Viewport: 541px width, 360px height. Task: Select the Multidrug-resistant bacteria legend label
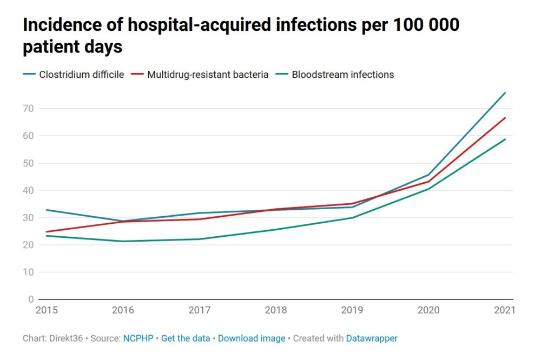pyautogui.click(x=208, y=75)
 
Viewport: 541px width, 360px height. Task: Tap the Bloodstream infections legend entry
pyautogui.click(x=342, y=75)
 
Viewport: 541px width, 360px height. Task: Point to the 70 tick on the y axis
pyautogui.click(x=29, y=109)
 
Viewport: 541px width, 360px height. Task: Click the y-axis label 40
pyautogui.click(x=29, y=190)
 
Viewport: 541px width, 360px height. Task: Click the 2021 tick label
pyautogui.click(x=504, y=311)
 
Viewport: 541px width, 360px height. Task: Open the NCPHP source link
pyautogui.click(x=138, y=338)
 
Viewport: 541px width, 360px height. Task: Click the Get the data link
pyautogui.click(x=186, y=338)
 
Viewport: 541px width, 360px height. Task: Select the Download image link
pyautogui.click(x=252, y=338)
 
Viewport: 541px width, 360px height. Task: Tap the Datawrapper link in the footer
pyautogui.click(x=372, y=338)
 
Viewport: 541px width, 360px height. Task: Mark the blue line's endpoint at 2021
pyautogui.click(x=505, y=93)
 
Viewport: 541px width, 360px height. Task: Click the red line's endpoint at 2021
pyautogui.click(x=505, y=118)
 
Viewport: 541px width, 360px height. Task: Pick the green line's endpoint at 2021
pyautogui.click(x=505, y=139)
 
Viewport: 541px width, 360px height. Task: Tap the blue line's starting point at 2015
pyautogui.click(x=47, y=210)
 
